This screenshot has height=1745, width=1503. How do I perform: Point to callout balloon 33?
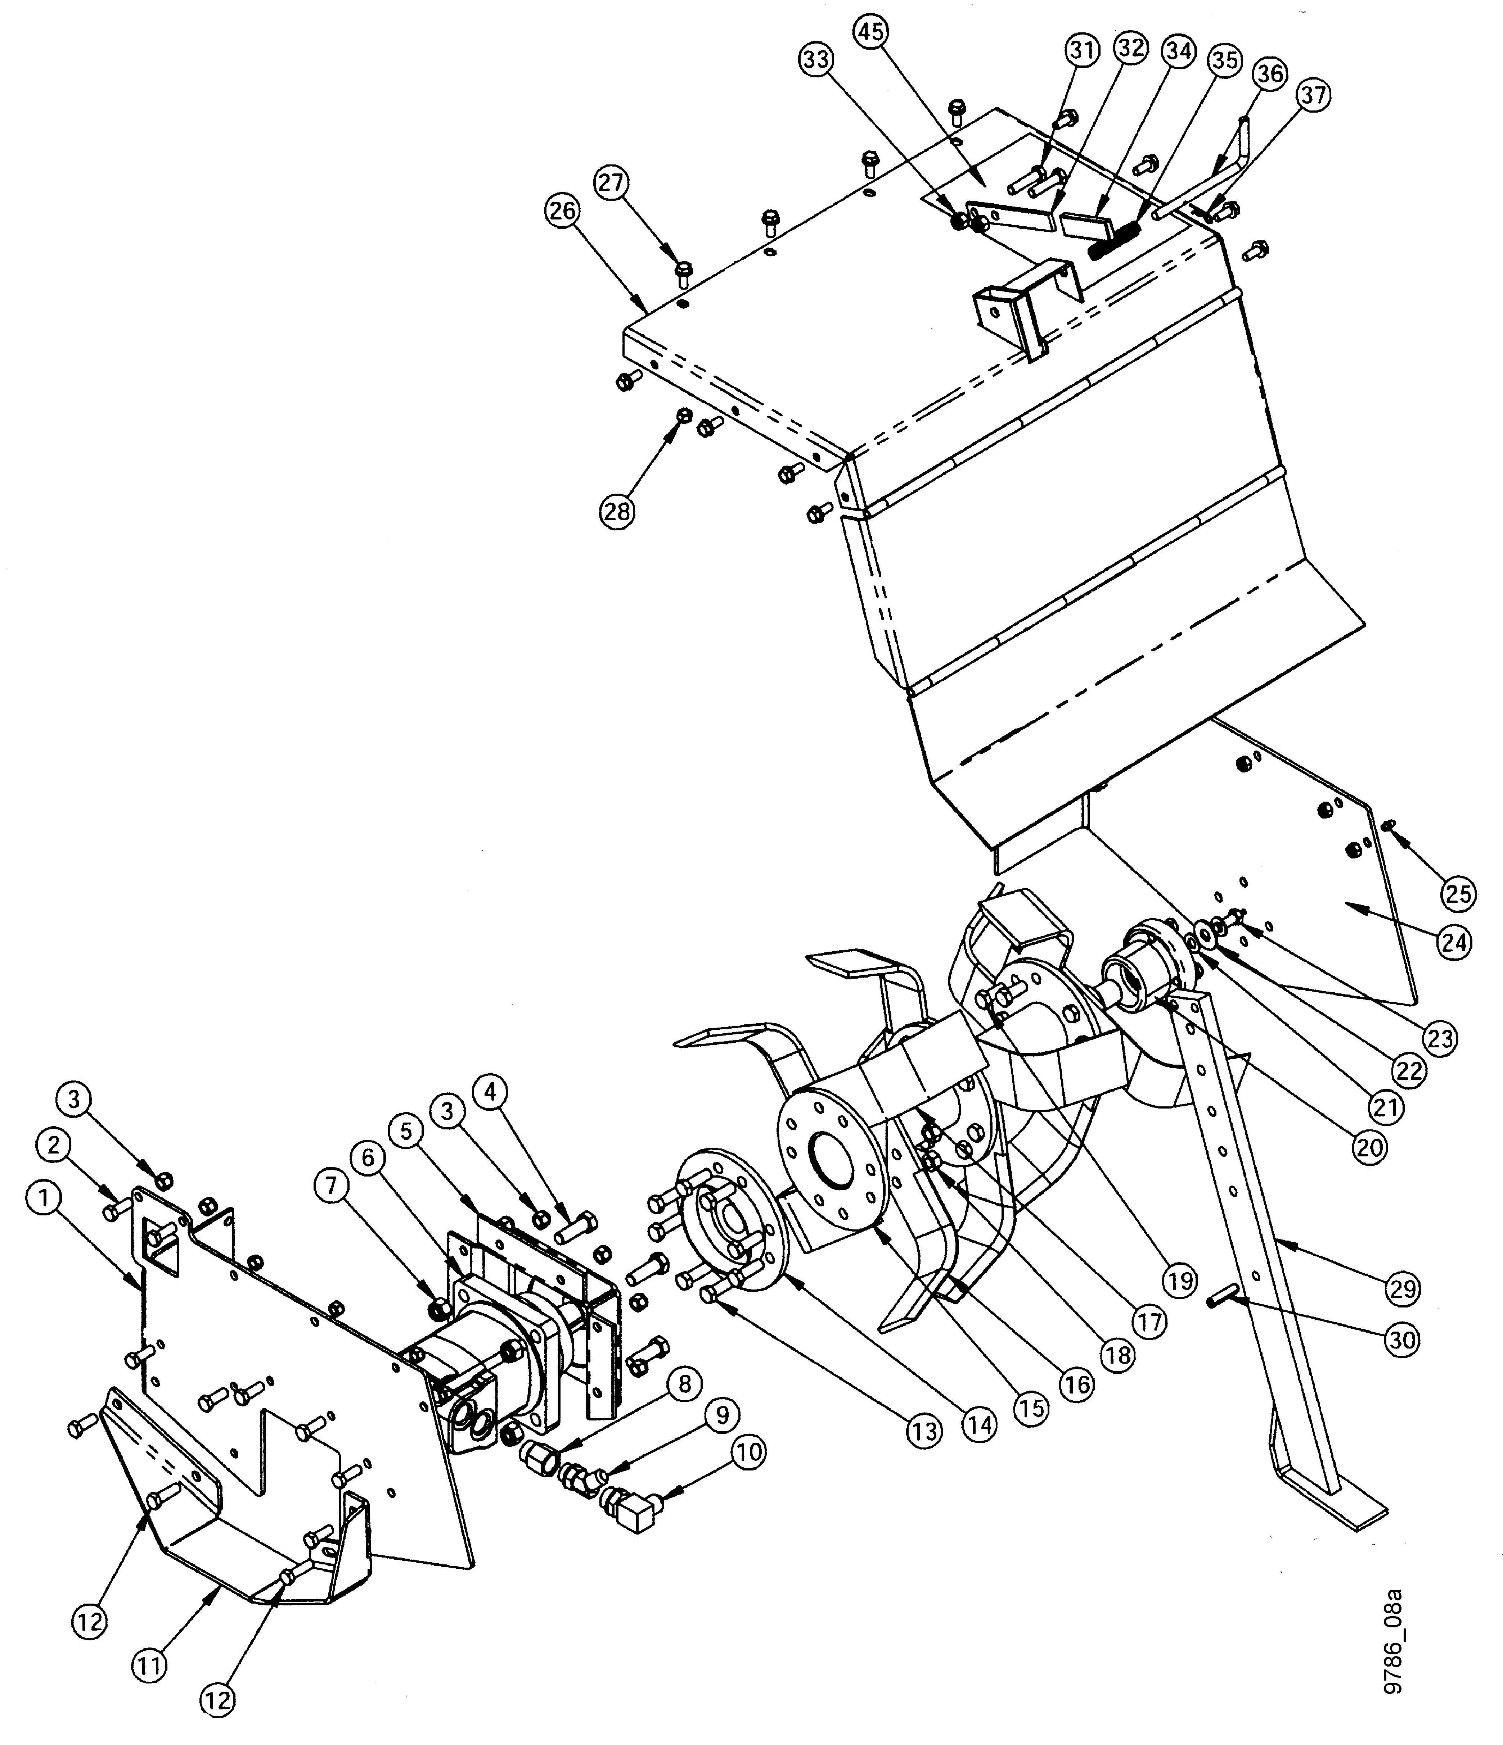(816, 61)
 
